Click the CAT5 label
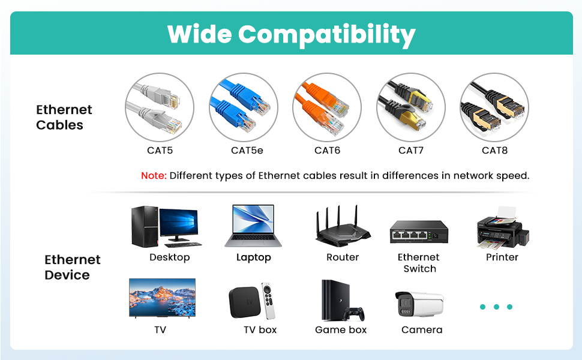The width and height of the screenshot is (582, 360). [x=160, y=151]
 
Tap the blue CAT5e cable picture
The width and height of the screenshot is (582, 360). [x=244, y=107]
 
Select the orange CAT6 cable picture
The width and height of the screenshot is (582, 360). [x=327, y=107]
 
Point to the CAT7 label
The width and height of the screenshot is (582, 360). [x=411, y=151]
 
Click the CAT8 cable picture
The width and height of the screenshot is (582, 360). [x=494, y=107]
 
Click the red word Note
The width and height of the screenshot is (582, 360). [x=154, y=176]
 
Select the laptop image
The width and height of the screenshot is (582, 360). [x=253, y=226]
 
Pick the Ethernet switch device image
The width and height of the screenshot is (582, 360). [x=419, y=232]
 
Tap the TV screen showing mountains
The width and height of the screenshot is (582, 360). [x=162, y=297]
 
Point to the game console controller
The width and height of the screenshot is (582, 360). [x=356, y=314]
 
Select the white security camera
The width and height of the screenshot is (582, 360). [x=419, y=304]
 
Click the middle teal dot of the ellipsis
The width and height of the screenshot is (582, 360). [x=496, y=307]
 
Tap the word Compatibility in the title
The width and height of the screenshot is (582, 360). [x=327, y=35]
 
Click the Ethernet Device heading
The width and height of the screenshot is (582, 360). [x=72, y=267]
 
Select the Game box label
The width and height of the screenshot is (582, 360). [x=341, y=330]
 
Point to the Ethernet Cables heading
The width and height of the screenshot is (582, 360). [x=64, y=117]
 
